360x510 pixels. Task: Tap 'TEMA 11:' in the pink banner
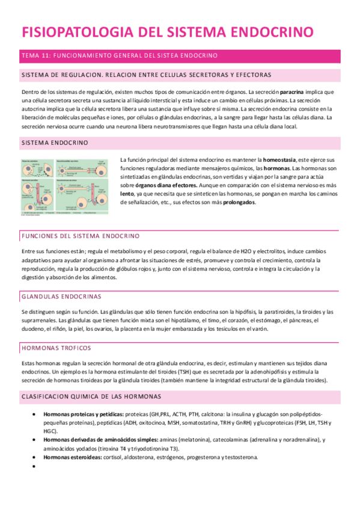point(35,55)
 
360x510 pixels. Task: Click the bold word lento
point(126,194)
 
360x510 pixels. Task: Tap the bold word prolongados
point(238,203)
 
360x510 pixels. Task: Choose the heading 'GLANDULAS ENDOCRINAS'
point(61,296)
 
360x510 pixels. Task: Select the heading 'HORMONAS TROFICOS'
point(56,348)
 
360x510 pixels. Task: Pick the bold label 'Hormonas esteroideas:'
point(67,457)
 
